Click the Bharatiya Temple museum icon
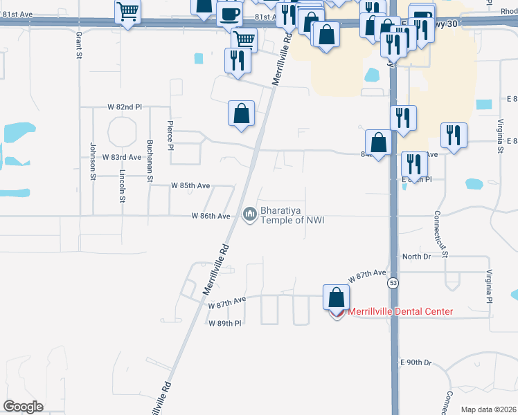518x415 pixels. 249,216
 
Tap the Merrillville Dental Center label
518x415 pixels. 400,312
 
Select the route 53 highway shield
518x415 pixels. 393,284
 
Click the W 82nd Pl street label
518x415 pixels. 125,107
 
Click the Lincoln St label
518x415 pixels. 122,187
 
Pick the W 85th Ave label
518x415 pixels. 190,186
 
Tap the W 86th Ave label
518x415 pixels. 211,216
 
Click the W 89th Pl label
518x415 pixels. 224,323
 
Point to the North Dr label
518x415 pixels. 416,257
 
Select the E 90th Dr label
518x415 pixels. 416,362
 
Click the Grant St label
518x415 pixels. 78,44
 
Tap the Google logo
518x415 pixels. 24,407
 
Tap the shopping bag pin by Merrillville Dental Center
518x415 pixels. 336,297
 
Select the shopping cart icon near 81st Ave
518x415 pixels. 128,11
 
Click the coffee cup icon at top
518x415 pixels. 229,12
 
